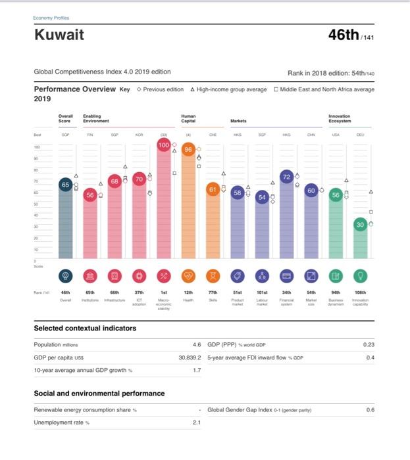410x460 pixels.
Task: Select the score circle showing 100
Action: [164, 145]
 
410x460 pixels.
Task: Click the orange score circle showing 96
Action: [188, 149]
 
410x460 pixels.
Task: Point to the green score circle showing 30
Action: [359, 224]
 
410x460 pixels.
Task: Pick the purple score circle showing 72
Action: [286, 177]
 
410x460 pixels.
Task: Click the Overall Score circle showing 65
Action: [65, 185]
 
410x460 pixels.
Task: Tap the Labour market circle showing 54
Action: [262, 198]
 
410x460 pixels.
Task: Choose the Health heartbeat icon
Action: [188, 276]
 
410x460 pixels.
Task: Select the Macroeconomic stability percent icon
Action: [164, 276]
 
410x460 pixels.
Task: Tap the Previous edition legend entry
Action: [160, 89]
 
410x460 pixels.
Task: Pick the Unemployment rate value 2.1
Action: [195, 422]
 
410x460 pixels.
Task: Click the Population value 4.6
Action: [195, 344]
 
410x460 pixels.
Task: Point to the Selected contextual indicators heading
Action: [85, 328]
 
